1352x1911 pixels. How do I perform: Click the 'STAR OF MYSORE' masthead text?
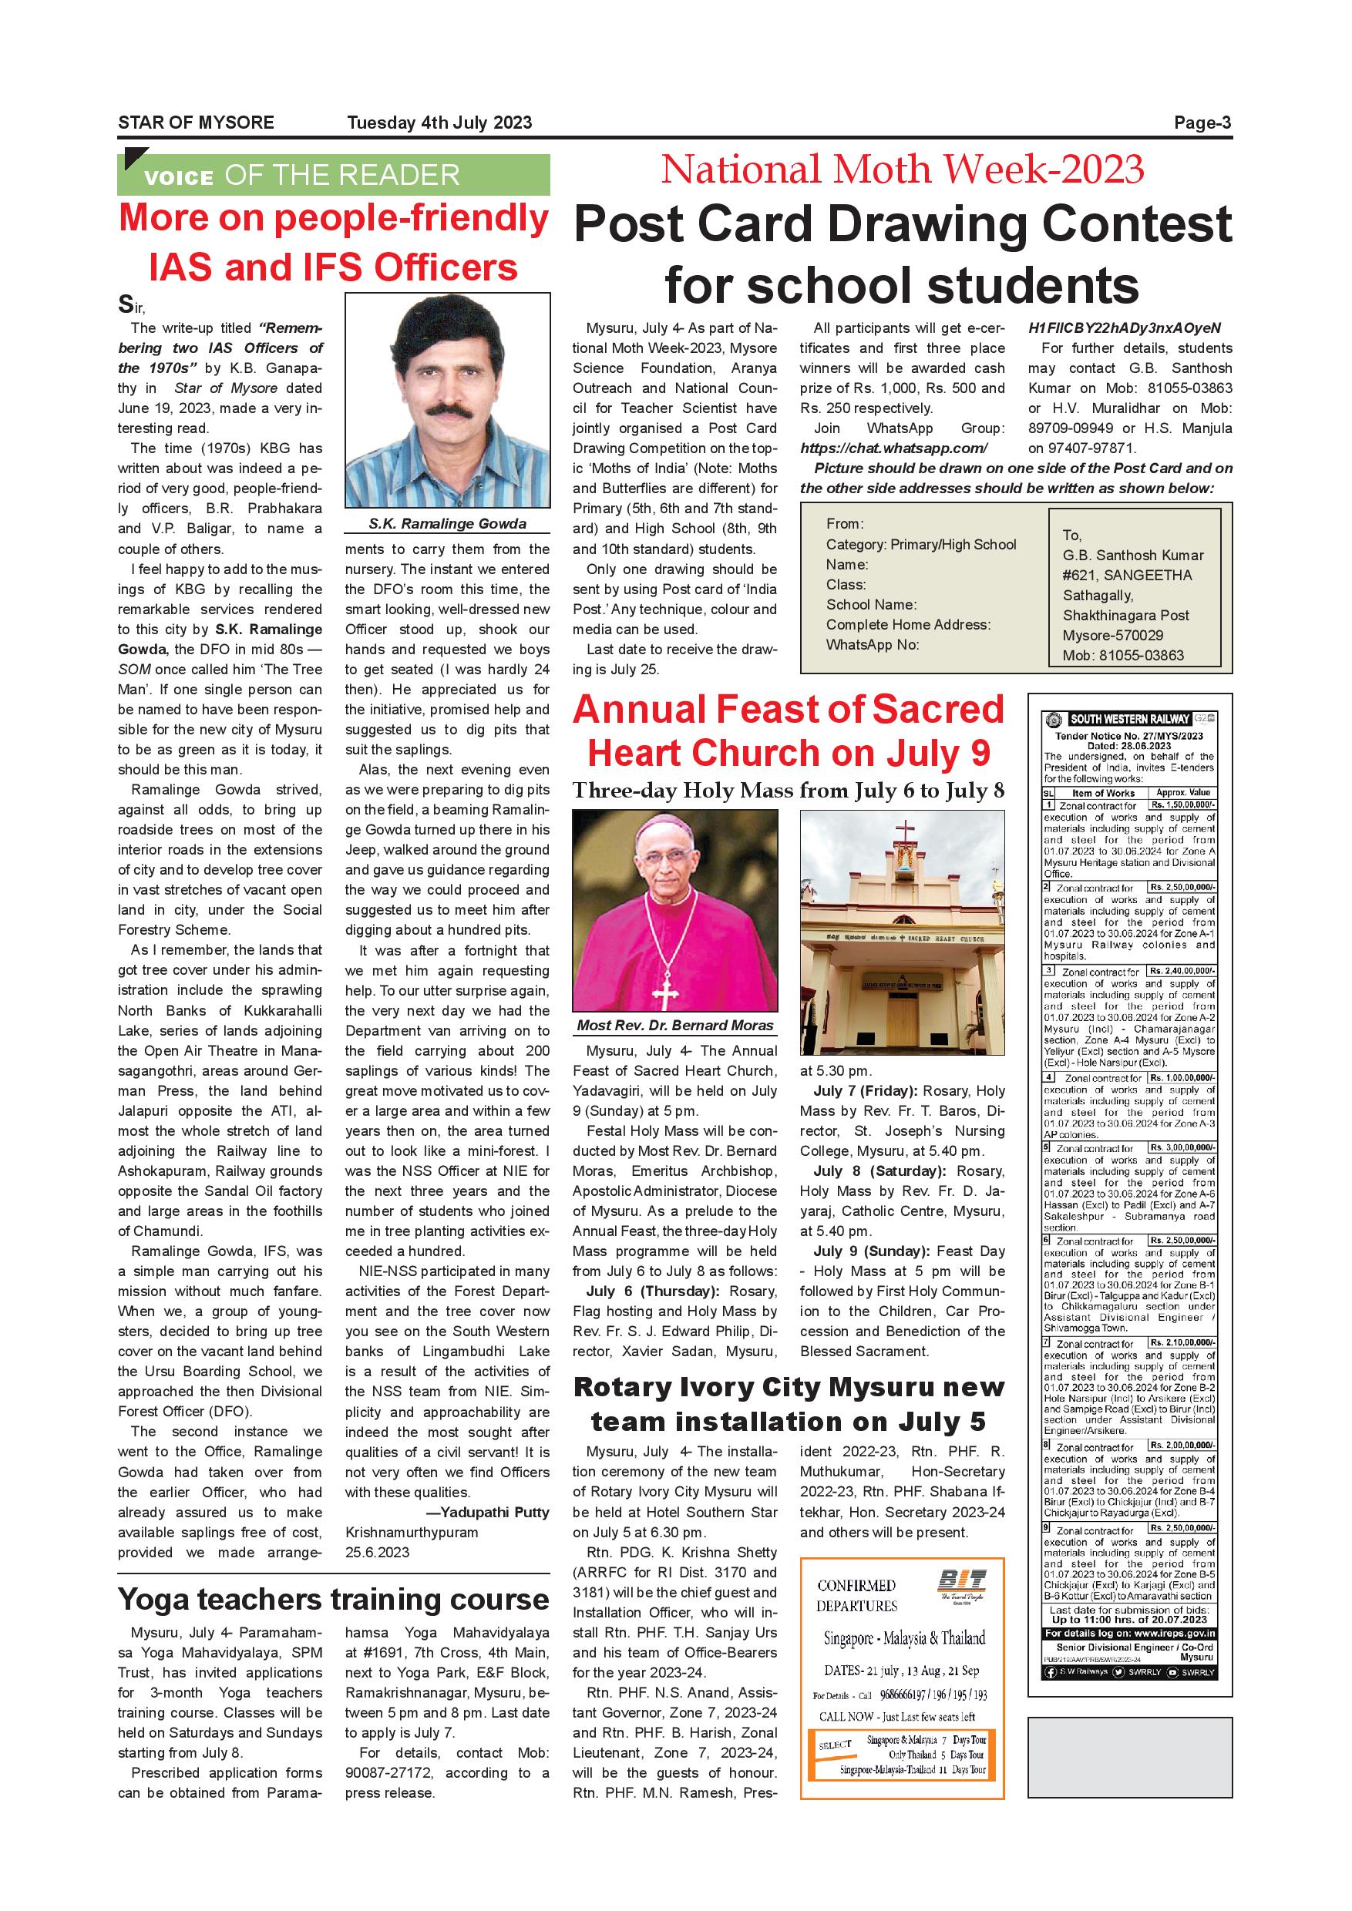click(x=196, y=123)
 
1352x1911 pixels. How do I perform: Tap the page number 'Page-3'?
click(x=1202, y=123)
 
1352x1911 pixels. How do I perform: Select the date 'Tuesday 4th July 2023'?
click(x=439, y=123)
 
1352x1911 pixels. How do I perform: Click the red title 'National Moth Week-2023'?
click(x=903, y=170)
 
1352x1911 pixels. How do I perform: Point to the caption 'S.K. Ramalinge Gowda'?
click(x=447, y=523)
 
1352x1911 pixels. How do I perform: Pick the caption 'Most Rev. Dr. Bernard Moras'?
click(x=675, y=1026)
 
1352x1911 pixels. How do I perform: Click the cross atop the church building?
click(x=903, y=833)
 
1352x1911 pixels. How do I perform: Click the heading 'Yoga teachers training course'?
click(x=333, y=1600)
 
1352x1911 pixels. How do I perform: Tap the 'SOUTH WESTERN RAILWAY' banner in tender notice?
click(x=1130, y=719)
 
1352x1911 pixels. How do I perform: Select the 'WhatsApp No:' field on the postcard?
click(x=872, y=644)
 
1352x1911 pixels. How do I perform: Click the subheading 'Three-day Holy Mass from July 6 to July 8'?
click(x=789, y=790)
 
